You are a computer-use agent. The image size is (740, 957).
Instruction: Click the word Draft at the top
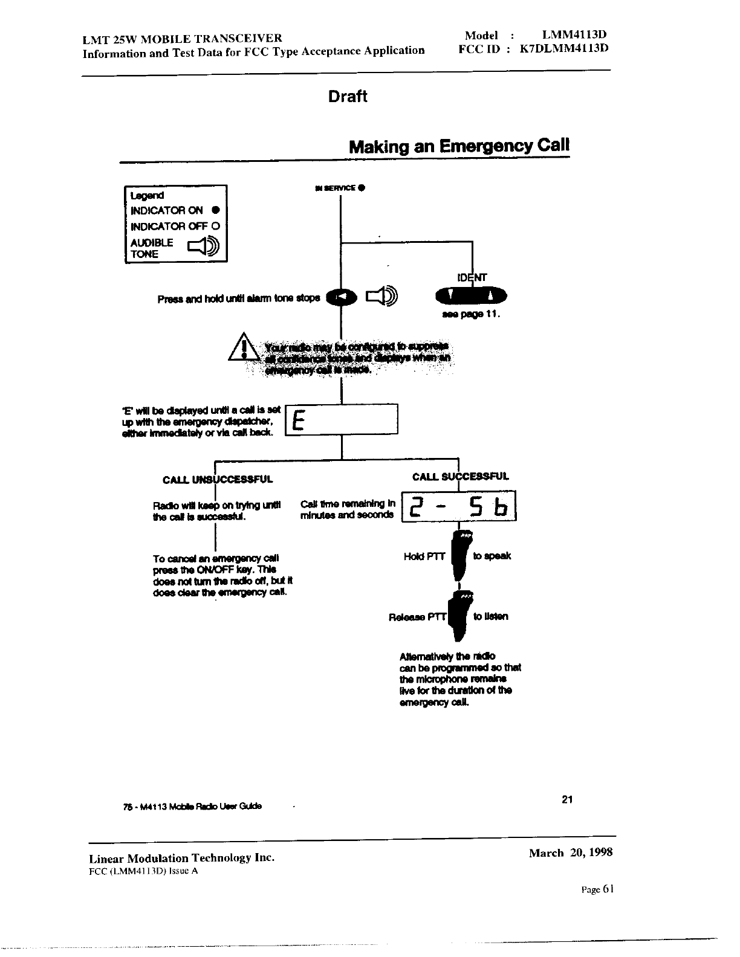click(x=348, y=97)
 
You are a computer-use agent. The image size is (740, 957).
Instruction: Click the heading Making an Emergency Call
click(x=459, y=147)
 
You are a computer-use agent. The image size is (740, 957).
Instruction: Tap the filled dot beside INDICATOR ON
click(x=215, y=211)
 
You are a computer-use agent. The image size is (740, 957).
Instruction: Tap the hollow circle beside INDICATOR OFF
click(x=215, y=227)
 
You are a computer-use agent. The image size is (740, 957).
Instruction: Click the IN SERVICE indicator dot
click(x=360, y=188)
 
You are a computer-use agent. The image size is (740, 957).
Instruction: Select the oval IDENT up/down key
click(x=471, y=296)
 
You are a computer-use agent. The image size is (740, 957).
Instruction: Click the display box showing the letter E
click(x=342, y=419)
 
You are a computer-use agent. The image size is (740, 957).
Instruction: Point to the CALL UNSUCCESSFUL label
click(x=218, y=480)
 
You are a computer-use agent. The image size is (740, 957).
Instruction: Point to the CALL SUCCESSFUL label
click(x=460, y=477)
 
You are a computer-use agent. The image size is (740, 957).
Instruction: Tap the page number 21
click(x=567, y=800)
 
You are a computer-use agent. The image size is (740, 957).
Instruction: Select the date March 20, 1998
click(x=571, y=852)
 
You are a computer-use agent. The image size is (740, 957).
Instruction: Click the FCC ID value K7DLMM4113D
click(x=559, y=49)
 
